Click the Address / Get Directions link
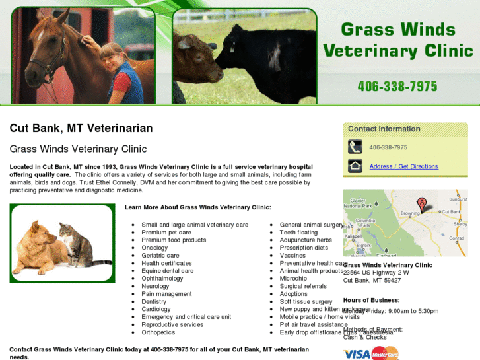pyautogui.click(x=403, y=166)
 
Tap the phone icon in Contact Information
pyautogui.click(x=355, y=147)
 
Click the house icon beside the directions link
pyautogui.click(x=355, y=166)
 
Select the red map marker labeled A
pyautogui.click(x=421, y=202)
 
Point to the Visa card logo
pyautogui.click(x=357, y=354)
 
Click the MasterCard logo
pyautogui.click(x=386, y=353)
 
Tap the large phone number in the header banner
pyautogui.click(x=397, y=86)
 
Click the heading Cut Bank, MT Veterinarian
pyautogui.click(x=81, y=128)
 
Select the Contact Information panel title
pyautogui.click(x=384, y=129)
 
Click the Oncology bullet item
pyautogui.click(x=154, y=248)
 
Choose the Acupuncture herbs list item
pyautogui.click(x=306, y=240)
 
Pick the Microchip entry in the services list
pyautogui.click(x=293, y=279)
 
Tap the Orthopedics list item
pyautogui.click(x=158, y=332)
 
